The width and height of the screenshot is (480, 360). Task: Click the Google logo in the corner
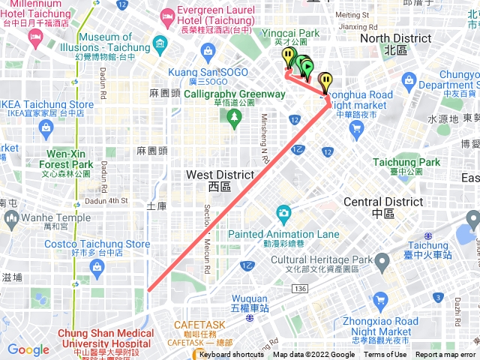click(28, 349)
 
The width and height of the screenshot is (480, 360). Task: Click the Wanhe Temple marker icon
click(10, 218)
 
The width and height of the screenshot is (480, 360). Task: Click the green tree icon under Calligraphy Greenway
click(233, 116)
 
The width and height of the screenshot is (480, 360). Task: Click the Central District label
click(382, 202)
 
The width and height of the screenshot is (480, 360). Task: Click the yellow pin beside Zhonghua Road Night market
click(325, 80)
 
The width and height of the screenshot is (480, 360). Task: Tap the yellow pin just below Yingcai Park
click(288, 57)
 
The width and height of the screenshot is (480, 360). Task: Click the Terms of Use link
click(385, 355)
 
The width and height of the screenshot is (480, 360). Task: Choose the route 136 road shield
click(300, 289)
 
